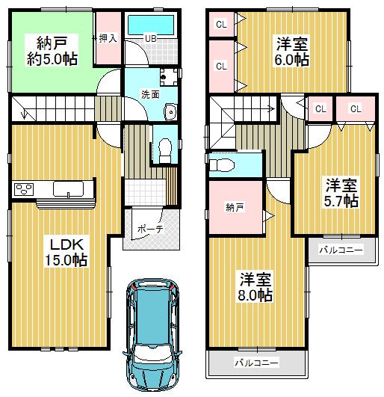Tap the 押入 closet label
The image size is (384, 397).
[108, 37]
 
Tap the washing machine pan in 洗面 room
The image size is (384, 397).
[169, 76]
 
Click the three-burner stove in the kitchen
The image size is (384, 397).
[24, 189]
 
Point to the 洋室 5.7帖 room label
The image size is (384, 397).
[340, 192]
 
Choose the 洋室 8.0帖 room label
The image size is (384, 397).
[256, 286]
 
